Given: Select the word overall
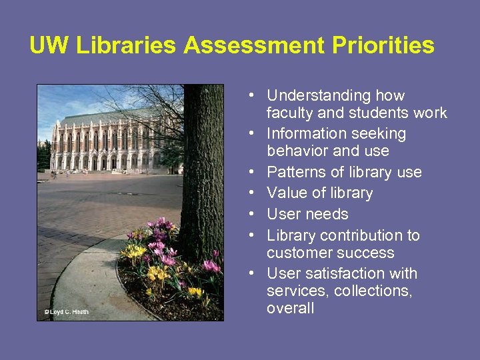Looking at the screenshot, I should [290, 308].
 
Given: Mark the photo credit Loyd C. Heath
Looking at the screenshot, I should [66, 311].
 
